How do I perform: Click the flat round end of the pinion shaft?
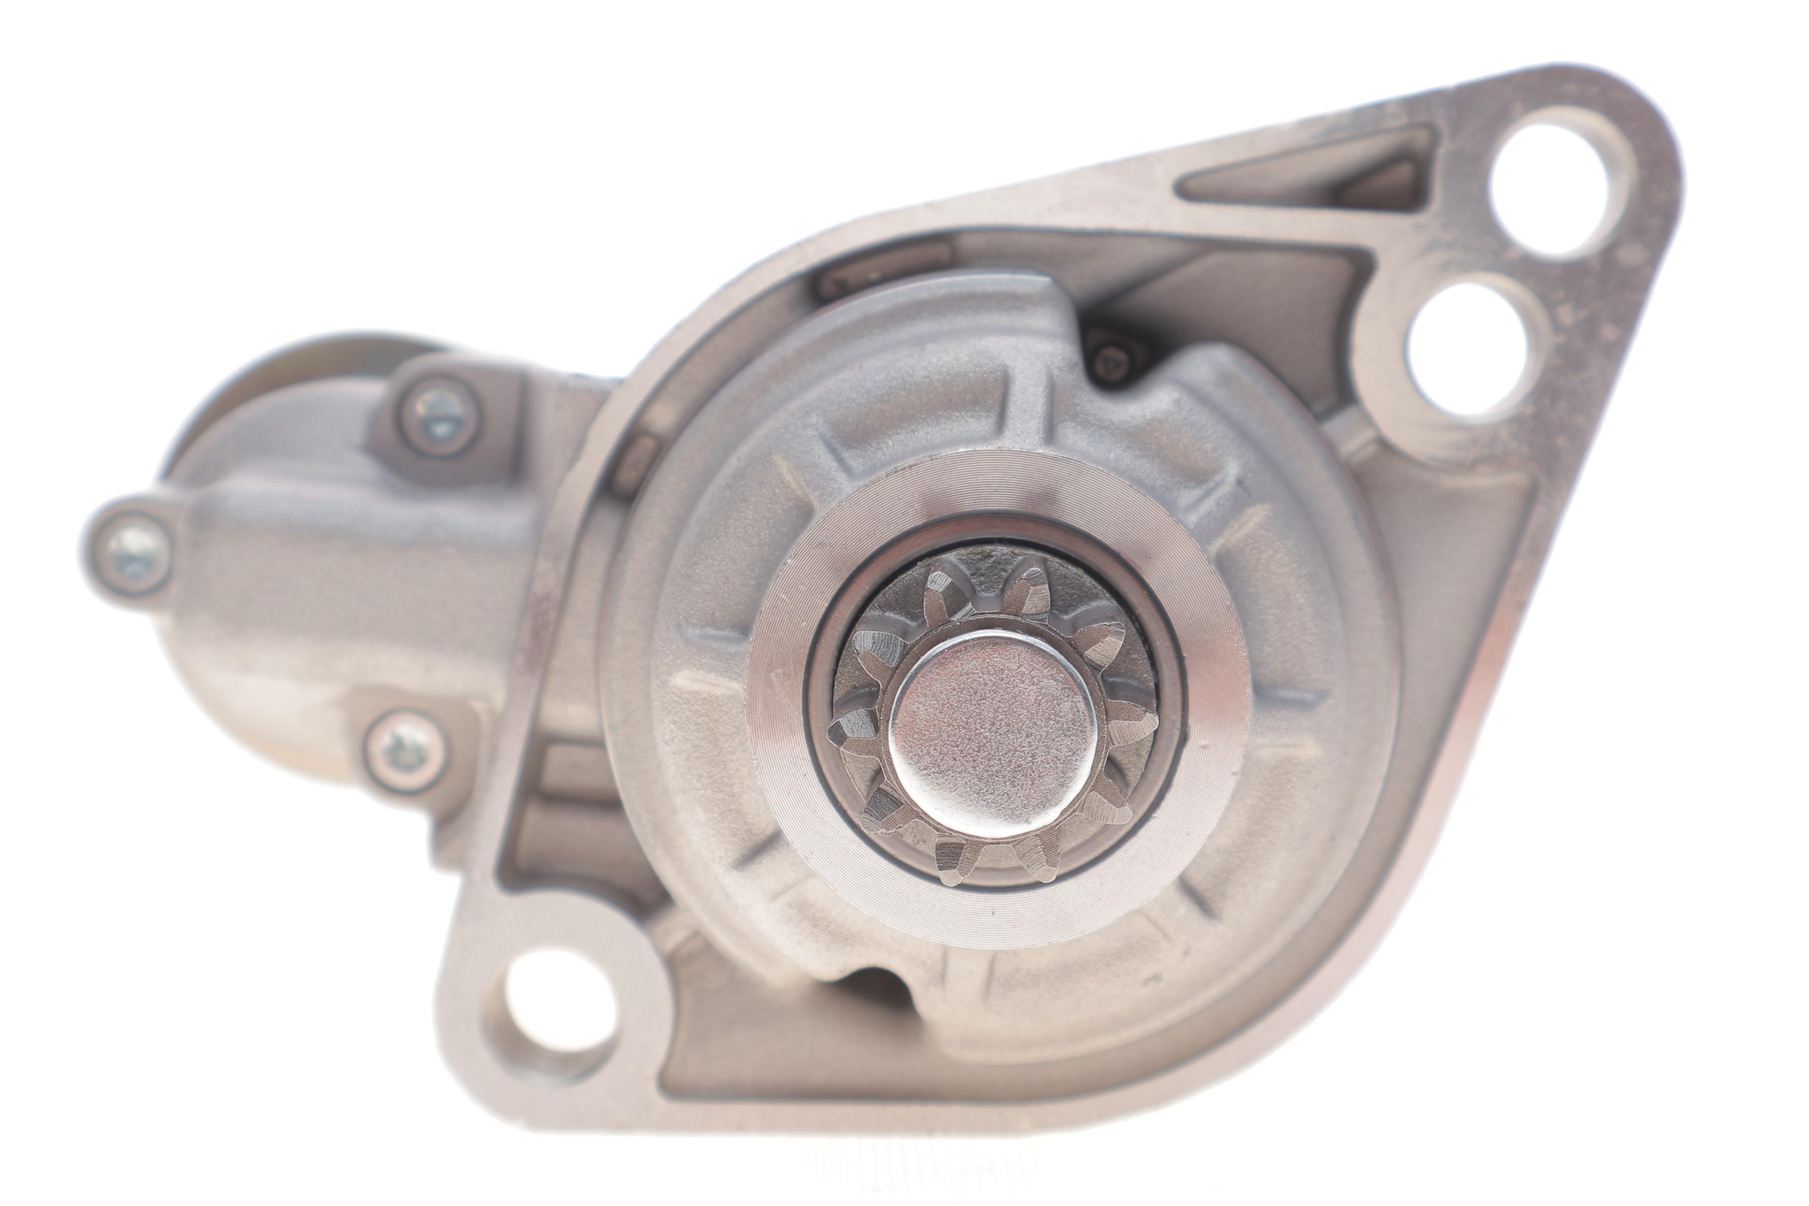point(992,734)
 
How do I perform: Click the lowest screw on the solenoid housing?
point(405,749)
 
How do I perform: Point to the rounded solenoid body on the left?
point(323,600)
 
